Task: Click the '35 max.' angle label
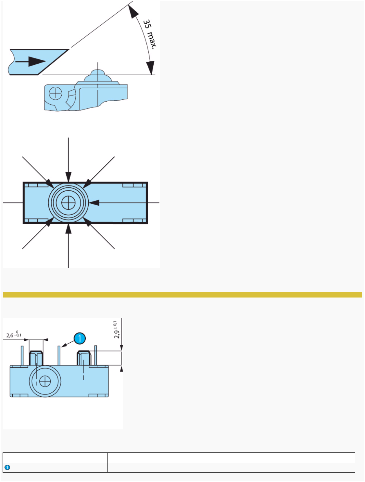(150, 34)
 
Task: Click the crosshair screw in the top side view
(56, 94)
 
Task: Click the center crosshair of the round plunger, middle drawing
(68, 203)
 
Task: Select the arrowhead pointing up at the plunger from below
(68, 228)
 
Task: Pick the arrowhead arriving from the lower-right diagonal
(87, 222)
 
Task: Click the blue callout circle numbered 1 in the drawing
(80, 338)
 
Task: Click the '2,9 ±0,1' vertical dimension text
(117, 330)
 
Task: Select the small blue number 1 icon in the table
(7, 468)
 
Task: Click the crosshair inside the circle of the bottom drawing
(45, 381)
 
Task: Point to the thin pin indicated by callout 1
(59, 356)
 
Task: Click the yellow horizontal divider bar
(182, 295)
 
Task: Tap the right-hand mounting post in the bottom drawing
(83, 358)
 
